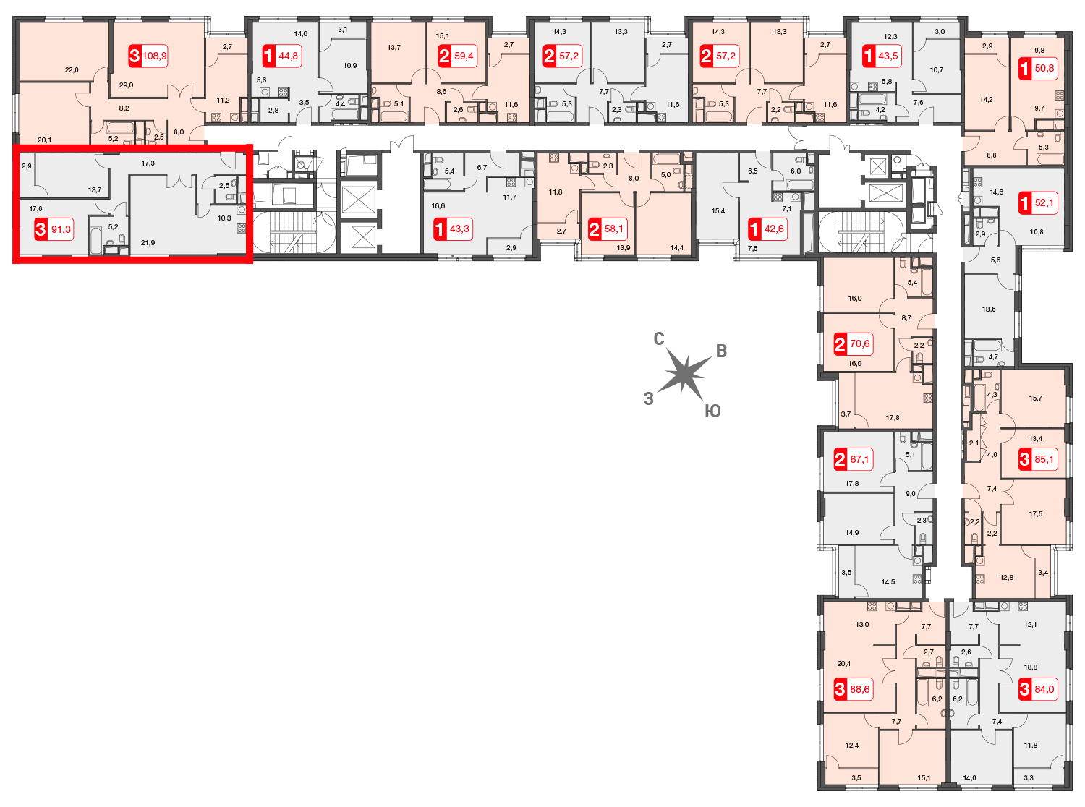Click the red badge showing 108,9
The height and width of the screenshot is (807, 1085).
[x=148, y=56]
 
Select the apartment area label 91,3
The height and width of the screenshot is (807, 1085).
[x=54, y=229]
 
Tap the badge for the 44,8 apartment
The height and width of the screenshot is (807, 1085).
[x=281, y=56]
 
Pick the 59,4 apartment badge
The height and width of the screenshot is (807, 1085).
[x=457, y=56]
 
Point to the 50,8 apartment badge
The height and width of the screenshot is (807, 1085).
[x=1038, y=68]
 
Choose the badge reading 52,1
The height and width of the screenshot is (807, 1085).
[x=1038, y=202]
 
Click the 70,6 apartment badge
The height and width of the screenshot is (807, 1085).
[x=854, y=343]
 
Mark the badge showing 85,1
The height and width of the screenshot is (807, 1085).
[x=1038, y=459]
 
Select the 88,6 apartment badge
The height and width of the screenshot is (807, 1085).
[x=854, y=689]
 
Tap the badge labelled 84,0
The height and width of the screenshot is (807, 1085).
[x=1038, y=689]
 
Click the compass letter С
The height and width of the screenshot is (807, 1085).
[x=659, y=339]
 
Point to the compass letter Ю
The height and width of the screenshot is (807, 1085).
[x=712, y=411]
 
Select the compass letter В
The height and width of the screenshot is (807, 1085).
[x=721, y=351]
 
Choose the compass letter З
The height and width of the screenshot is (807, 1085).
[x=648, y=398]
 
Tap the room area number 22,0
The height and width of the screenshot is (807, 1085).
[x=72, y=70]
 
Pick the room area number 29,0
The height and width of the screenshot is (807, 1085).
[x=126, y=85]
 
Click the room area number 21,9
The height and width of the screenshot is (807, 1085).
[x=148, y=242]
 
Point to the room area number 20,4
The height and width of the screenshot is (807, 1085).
[x=844, y=664]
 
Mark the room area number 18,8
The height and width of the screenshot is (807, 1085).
[x=1030, y=667]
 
